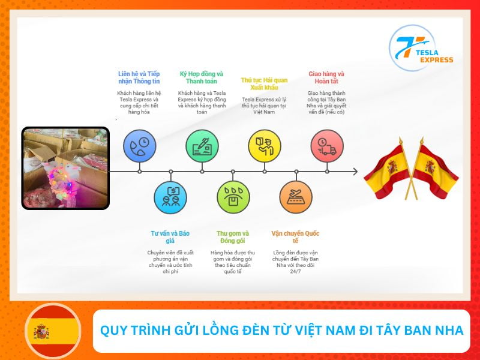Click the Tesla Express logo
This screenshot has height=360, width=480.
421,48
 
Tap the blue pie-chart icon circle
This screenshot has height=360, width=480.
139,146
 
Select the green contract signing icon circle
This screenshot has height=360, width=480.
202,146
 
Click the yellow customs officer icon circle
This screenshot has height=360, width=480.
265,146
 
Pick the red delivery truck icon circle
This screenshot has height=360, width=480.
327,146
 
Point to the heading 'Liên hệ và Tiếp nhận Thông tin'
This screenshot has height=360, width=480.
139,77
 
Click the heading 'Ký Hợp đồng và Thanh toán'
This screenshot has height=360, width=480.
202,77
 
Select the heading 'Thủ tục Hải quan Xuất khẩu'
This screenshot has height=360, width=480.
264,83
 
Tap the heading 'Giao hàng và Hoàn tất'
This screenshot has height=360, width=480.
326,77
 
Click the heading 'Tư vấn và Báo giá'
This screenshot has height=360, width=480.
170,236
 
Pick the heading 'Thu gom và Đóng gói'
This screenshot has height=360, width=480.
233,236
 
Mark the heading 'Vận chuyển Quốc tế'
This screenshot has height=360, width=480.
295,236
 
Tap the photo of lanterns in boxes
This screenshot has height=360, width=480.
65,168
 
